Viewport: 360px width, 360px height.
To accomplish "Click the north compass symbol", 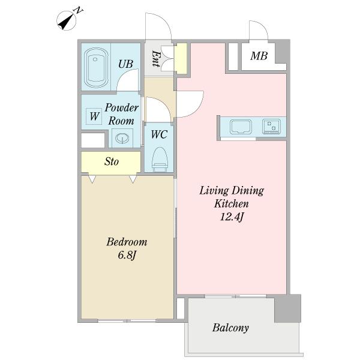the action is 67,20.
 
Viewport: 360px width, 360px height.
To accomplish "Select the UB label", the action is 125,64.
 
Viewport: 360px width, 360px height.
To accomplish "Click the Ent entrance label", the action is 155,59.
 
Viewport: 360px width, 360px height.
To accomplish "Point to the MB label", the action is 259,56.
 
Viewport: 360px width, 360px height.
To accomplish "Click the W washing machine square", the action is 94,116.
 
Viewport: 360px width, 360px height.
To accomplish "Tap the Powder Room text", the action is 121,114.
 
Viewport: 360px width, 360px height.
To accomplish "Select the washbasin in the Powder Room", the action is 122,138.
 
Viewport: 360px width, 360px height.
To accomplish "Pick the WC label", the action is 159,134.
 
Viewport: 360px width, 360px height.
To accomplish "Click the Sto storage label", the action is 112,161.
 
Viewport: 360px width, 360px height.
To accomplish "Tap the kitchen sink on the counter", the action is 241,127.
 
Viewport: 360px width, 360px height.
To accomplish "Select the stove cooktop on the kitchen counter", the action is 272,126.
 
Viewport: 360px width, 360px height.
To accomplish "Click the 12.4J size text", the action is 232,217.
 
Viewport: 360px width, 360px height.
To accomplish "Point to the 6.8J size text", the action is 127,255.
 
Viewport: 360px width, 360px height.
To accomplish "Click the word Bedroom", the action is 127,242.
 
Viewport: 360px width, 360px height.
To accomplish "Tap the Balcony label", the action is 230,328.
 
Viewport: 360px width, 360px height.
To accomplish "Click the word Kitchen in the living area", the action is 232,203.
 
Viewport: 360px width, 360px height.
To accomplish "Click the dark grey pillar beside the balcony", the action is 287,308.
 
